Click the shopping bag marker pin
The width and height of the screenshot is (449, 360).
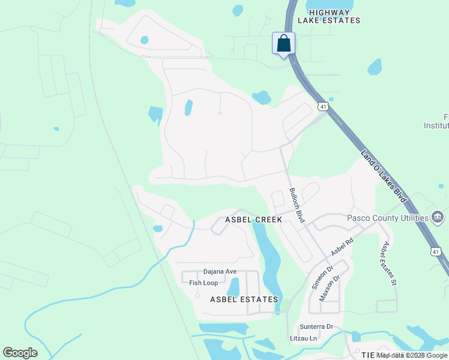pyautogui.click(x=284, y=44)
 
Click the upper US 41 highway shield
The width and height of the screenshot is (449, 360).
pyautogui.click(x=324, y=106)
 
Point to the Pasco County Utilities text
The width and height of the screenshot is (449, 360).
pyautogui.click(x=388, y=217)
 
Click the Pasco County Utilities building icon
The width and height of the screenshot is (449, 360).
pyautogui.click(x=438, y=217)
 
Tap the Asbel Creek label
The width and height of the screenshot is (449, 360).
pyautogui.click(x=253, y=220)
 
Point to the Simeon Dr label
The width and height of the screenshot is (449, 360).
pyautogui.click(x=321, y=278)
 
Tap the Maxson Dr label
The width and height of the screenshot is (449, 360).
pyautogui.click(x=330, y=287)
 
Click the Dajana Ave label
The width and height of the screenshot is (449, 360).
pyautogui.click(x=220, y=271)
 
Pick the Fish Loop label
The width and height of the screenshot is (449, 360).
pyautogui.click(x=203, y=283)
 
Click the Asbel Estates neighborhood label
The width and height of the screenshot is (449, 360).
pyautogui.click(x=244, y=299)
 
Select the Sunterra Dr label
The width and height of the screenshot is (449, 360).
pyautogui.click(x=316, y=326)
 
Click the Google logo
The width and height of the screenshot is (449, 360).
pyautogui.click(x=20, y=353)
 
